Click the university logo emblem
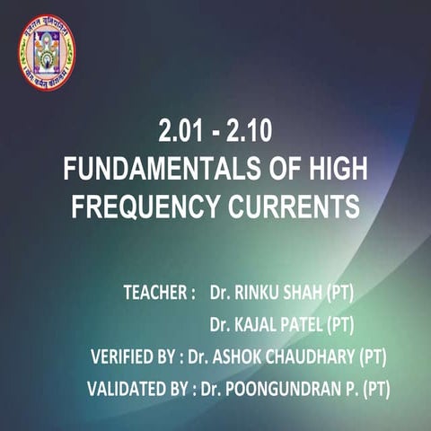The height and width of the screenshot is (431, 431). pyautogui.click(x=47, y=52)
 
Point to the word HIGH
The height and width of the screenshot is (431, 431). pyautogui.click(x=335, y=170)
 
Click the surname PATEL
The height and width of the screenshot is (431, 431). pyautogui.click(x=305, y=324)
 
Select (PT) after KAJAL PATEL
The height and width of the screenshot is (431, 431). pyautogui.click(x=346, y=324)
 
